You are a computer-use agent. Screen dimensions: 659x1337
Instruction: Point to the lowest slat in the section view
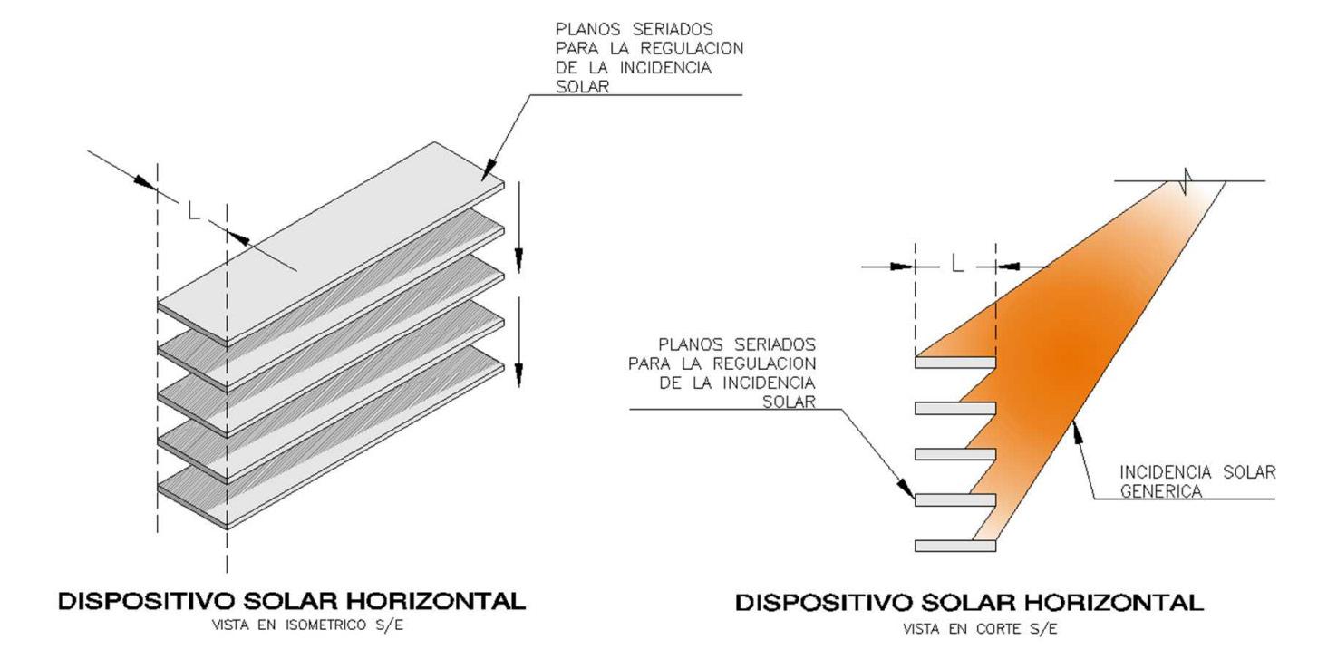coord(955,546)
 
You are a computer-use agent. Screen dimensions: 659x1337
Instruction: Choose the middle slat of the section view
coord(955,454)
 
